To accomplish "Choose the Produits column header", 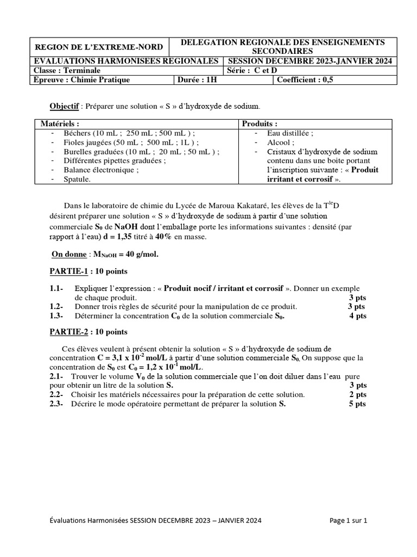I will (260, 124).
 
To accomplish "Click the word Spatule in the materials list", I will (77, 179).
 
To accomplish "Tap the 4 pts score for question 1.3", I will (358, 315).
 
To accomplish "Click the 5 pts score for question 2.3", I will (357, 404).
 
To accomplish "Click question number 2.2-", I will (56, 394).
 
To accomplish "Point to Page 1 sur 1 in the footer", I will (348, 521).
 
